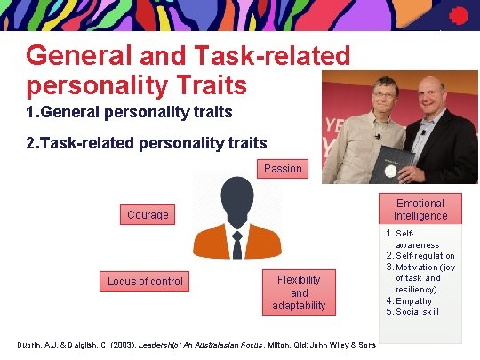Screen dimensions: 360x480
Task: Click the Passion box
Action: (x=283, y=168)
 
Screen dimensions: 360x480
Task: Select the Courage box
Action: (x=148, y=214)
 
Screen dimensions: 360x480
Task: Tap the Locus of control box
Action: (x=145, y=282)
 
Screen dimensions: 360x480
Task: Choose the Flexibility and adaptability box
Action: (x=299, y=292)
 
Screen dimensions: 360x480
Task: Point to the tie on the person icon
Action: (x=237, y=245)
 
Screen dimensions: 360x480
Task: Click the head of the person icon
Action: (x=237, y=197)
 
